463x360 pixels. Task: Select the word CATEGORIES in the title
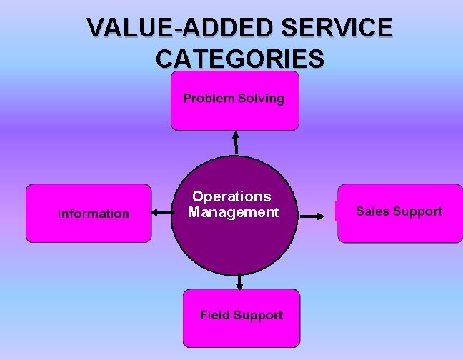click(x=239, y=58)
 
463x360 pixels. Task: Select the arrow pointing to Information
click(x=161, y=212)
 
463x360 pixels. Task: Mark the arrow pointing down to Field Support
click(x=239, y=281)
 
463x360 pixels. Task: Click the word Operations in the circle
click(x=231, y=196)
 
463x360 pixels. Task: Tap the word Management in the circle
click(x=233, y=212)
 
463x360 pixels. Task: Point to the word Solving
click(x=261, y=99)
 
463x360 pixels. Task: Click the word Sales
click(x=371, y=211)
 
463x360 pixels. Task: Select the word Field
click(x=214, y=315)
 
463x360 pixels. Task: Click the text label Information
click(x=94, y=214)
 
